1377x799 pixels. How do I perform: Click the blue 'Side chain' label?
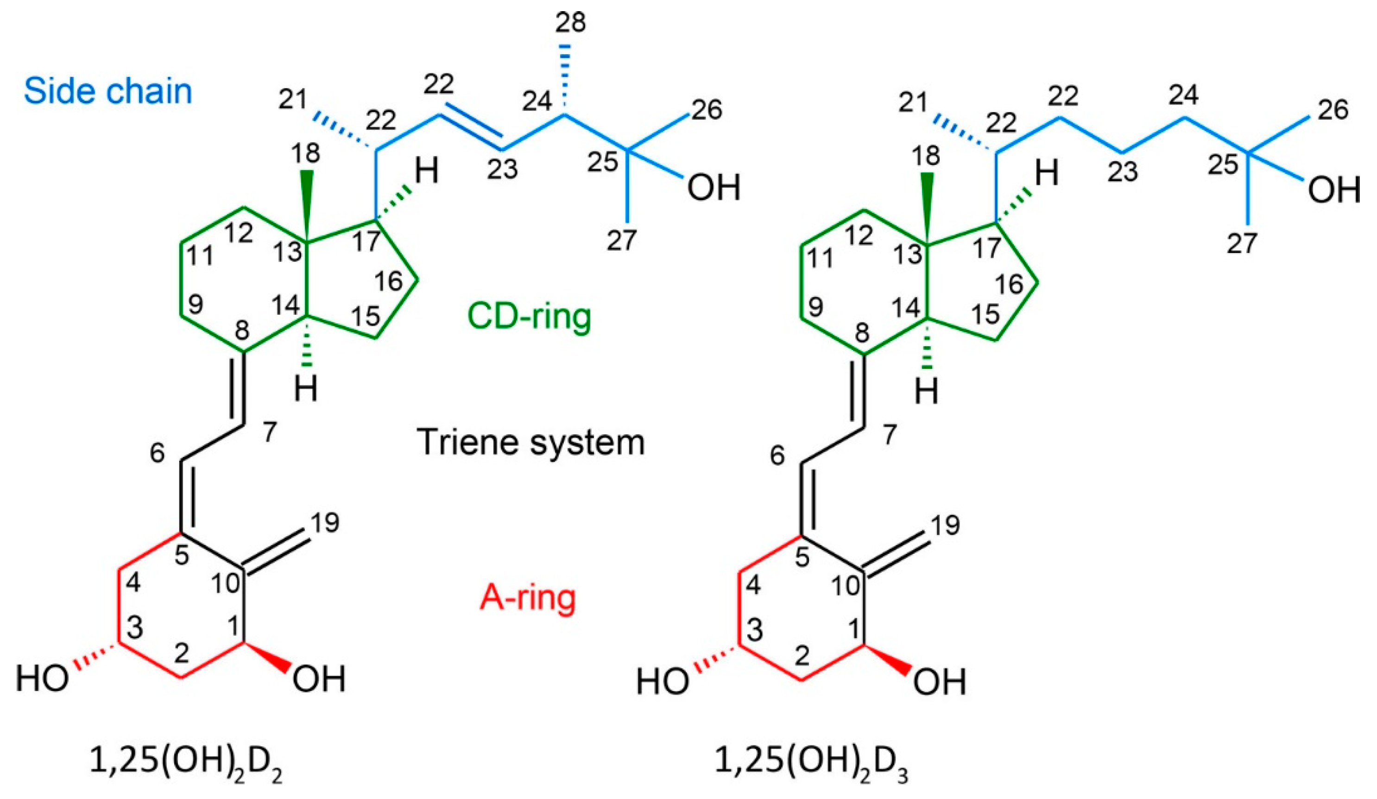[107, 91]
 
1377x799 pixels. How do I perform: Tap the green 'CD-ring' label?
[529, 317]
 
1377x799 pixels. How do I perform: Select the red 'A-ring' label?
[528, 598]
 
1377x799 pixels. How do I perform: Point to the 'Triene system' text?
[531, 442]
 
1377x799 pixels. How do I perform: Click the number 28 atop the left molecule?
[570, 24]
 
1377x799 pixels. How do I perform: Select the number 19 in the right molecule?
[945, 526]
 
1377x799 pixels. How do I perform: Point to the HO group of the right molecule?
[662, 683]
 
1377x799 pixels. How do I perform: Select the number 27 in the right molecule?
[1242, 243]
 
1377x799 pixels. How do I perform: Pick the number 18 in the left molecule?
[306, 154]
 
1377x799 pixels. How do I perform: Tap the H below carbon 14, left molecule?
[306, 390]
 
